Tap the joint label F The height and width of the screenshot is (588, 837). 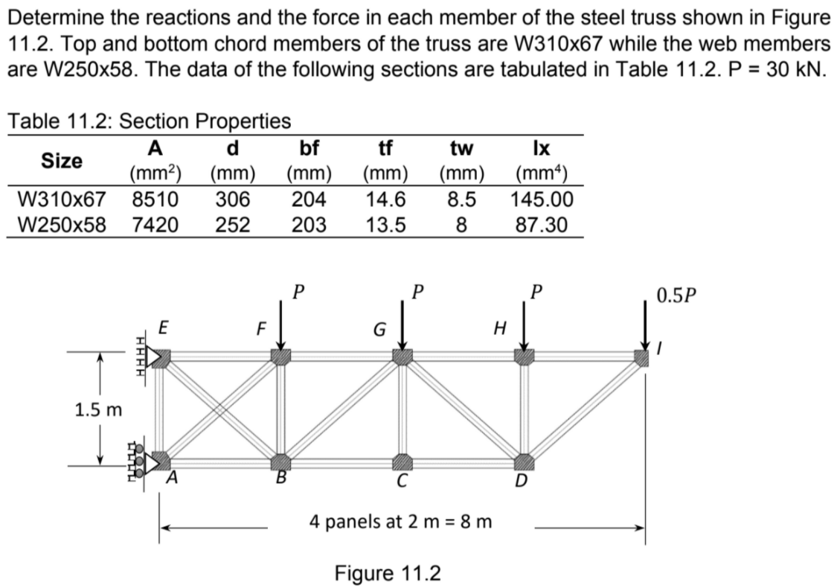point(260,327)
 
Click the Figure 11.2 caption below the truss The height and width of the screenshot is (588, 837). point(387,574)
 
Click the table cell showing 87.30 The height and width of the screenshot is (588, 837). point(542,224)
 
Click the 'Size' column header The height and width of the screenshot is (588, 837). point(62,161)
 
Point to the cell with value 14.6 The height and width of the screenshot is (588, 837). point(386,200)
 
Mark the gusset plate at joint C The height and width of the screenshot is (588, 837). point(402,462)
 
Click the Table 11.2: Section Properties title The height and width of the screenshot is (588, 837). point(150,119)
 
